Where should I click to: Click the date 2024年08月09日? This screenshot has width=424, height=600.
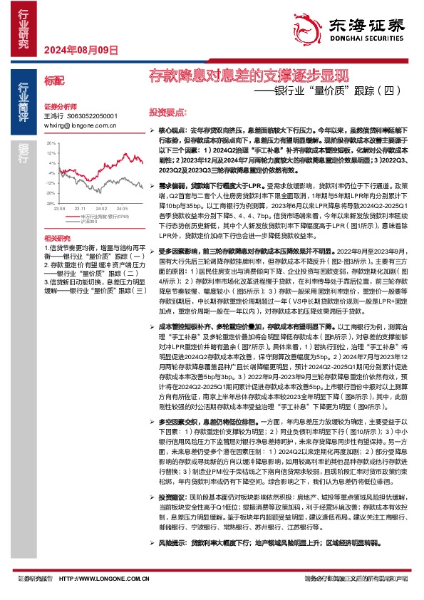tap(81, 51)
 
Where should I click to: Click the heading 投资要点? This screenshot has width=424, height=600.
tap(167, 113)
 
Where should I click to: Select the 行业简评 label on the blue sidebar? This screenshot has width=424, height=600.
tap(24, 95)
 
